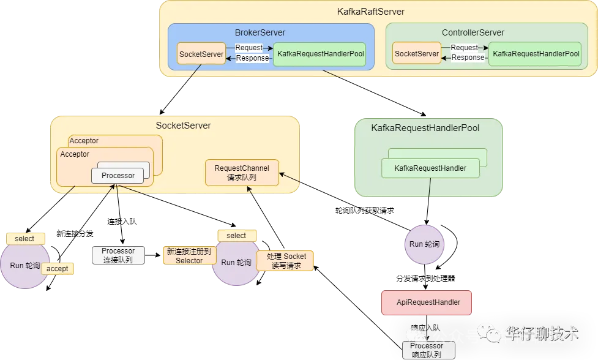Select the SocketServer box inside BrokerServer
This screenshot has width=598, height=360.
pyautogui.click(x=201, y=54)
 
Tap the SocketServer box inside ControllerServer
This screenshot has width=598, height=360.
pyautogui.click(x=417, y=54)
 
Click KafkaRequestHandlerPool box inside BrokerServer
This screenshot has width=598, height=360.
pyautogui.click(x=321, y=54)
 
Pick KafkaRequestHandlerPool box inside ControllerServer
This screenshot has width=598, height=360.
pyautogui.click(x=536, y=54)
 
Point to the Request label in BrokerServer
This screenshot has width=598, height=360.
pyautogui.click(x=249, y=48)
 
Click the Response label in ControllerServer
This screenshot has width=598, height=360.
pyautogui.click(x=468, y=58)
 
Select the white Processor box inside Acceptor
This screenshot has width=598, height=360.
pyautogui.click(x=118, y=176)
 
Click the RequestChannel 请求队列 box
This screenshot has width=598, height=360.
pyautogui.click(x=242, y=172)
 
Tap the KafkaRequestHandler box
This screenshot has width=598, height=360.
pyautogui.click(x=430, y=168)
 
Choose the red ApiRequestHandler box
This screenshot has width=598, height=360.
pyautogui.click(x=427, y=302)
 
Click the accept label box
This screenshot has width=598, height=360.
pyautogui.click(x=58, y=269)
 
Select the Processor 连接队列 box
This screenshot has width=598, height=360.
pyautogui.click(x=118, y=255)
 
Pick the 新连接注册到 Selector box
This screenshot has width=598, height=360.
pyautogui.click(x=189, y=256)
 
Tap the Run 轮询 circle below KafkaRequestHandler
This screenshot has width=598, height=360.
pyautogui.click(x=424, y=244)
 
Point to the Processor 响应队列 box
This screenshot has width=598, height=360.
pyautogui.click(x=429, y=350)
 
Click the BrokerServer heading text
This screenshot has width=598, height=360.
pyautogui.click(x=260, y=32)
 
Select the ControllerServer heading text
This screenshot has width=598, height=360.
pyautogui.click(x=473, y=32)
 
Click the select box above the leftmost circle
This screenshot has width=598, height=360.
pyautogui.click(x=25, y=238)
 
